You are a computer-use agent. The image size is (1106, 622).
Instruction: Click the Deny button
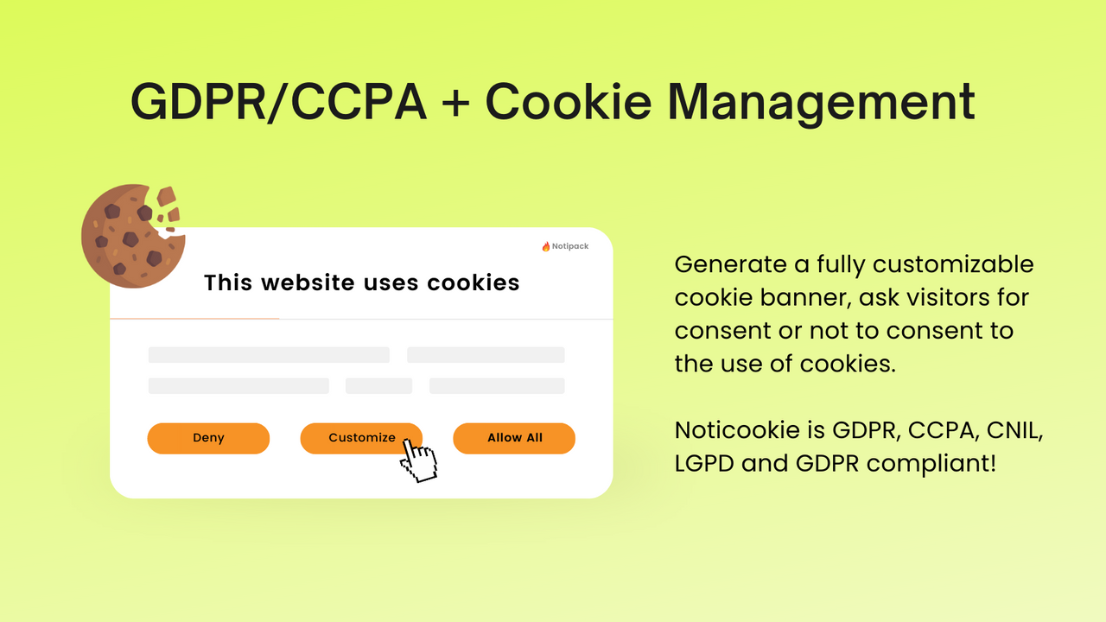click(x=208, y=438)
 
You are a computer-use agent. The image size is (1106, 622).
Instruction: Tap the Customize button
click(x=361, y=438)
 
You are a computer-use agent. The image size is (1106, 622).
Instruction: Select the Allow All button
click(x=514, y=438)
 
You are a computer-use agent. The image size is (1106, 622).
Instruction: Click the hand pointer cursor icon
click(x=419, y=462)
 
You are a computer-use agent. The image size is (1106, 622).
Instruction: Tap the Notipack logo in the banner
click(x=565, y=246)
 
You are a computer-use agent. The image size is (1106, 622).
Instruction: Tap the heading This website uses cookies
click(x=361, y=282)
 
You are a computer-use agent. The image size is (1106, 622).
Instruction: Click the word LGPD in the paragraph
click(x=703, y=463)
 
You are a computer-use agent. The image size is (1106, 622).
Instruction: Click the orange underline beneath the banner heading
click(x=194, y=319)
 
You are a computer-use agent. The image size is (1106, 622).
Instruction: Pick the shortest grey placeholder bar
click(x=378, y=385)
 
